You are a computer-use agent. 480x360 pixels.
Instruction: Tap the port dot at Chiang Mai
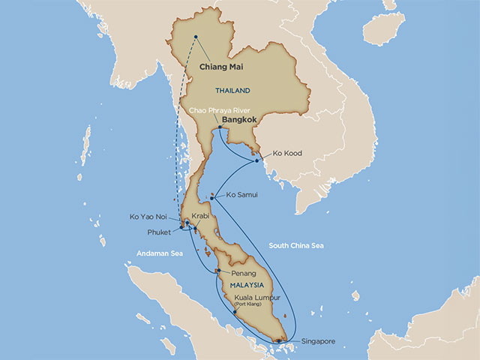pyautogui.click(x=196, y=37)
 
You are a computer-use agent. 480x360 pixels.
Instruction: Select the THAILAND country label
pyautogui.click(x=233, y=91)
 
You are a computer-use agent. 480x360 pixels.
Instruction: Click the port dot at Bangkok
pyautogui.click(x=218, y=128)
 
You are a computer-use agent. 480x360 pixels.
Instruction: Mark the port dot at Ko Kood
pyautogui.click(x=256, y=160)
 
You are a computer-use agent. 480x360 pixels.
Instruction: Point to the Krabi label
pyautogui.click(x=201, y=216)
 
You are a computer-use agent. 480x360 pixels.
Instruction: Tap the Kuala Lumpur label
pyautogui.click(x=259, y=297)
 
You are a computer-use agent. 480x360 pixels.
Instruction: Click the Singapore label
pyautogui.click(x=319, y=342)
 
